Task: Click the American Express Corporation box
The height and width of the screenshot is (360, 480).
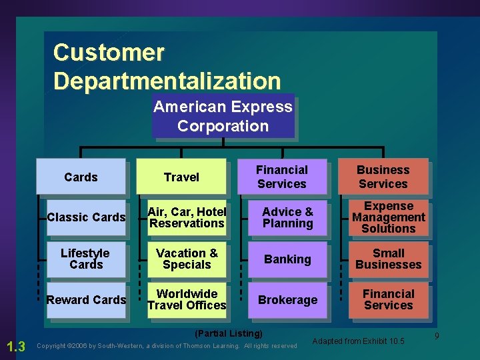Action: [223, 117]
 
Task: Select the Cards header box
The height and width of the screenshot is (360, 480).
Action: [81, 177]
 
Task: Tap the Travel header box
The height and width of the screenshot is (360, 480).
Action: [181, 177]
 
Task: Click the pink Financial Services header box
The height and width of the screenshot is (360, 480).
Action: [281, 177]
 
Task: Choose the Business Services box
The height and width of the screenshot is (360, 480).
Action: [383, 177]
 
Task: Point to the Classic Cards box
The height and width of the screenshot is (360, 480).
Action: [86, 217]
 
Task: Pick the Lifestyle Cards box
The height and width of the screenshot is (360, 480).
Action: [86, 259]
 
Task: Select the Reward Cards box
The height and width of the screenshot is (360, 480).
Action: [86, 300]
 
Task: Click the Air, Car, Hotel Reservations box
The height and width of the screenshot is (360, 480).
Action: [187, 217]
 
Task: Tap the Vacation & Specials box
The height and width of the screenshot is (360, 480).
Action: [187, 259]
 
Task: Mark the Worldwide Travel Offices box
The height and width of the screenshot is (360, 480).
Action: [187, 300]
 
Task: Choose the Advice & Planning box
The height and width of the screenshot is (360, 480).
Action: [287, 217]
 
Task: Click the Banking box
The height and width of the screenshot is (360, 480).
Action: [287, 259]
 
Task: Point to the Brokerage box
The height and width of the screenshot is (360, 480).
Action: [287, 300]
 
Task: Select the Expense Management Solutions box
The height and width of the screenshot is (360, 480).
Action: [389, 217]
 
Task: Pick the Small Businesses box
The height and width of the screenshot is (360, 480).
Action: [389, 259]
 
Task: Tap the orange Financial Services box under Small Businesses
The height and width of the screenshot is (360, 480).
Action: [389, 300]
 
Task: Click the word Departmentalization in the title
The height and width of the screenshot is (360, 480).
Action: [167, 81]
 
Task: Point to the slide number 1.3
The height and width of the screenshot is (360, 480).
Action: [15, 345]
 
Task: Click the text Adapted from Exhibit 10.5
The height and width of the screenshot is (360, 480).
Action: [358, 341]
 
